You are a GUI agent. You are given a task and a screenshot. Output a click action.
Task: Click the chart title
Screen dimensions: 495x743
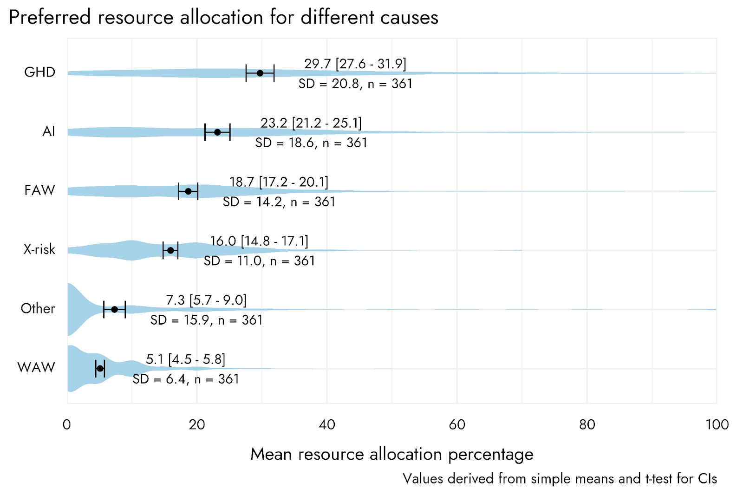(x=223, y=18)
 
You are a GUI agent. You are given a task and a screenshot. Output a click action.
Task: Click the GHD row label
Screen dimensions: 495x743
(x=39, y=72)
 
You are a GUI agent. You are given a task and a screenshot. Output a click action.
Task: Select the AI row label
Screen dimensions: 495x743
(x=48, y=131)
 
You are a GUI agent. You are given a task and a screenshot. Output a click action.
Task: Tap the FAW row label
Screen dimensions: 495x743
(x=39, y=190)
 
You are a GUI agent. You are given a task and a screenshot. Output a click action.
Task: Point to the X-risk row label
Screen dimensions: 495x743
(x=39, y=249)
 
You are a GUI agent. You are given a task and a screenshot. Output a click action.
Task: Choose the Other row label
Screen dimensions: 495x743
(x=38, y=308)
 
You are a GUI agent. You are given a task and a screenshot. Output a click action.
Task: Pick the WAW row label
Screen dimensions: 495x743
(x=36, y=367)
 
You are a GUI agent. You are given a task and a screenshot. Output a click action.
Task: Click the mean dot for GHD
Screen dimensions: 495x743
(x=260, y=73)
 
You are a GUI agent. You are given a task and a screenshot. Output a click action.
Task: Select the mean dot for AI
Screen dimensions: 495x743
(x=217, y=132)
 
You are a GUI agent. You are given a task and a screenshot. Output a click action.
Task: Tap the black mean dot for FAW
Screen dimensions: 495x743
(x=188, y=191)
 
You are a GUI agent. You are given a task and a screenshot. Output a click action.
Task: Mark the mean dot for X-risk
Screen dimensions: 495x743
(x=170, y=250)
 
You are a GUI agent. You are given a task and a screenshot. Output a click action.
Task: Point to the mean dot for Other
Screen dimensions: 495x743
(x=115, y=309)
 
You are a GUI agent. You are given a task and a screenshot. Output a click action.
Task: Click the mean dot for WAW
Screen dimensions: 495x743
(x=100, y=368)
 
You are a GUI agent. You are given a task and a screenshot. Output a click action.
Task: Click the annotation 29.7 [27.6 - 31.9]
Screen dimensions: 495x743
(x=355, y=64)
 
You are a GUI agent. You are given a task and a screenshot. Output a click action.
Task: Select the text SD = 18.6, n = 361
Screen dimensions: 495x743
(x=311, y=143)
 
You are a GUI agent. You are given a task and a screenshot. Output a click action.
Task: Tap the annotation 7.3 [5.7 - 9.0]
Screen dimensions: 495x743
(x=206, y=300)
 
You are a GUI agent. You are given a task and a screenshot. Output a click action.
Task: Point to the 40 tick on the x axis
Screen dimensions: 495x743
(x=327, y=424)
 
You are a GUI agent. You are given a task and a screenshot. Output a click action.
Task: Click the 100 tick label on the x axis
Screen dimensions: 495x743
(x=717, y=424)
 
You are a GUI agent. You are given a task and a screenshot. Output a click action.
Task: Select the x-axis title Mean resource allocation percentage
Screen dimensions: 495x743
(x=391, y=454)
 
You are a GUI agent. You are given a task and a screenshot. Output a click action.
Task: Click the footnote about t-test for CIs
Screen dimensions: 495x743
(x=560, y=478)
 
